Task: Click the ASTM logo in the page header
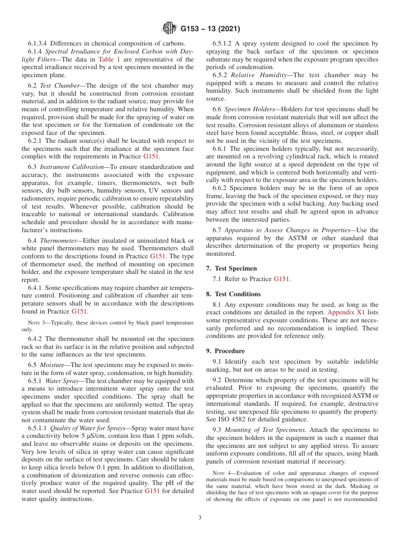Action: (x=170, y=29)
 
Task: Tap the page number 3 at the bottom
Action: (x=200, y=518)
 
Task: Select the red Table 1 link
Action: (x=109, y=59)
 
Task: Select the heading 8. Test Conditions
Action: (x=233, y=294)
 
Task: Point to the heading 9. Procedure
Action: (x=225, y=351)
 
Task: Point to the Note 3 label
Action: (x=36, y=323)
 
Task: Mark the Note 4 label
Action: (x=221, y=473)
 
